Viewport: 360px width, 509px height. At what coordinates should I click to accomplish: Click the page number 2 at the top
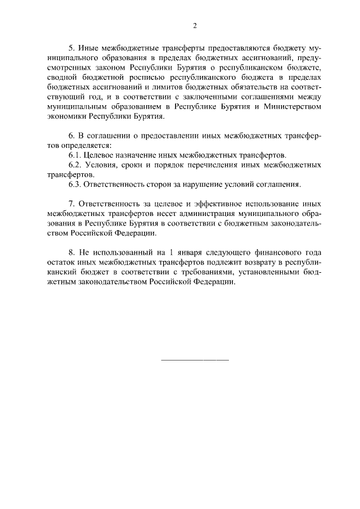point(195,26)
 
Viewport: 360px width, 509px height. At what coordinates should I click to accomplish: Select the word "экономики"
point(65,116)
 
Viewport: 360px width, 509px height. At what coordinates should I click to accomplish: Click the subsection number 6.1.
point(74,155)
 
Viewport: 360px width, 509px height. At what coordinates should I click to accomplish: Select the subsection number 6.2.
point(74,165)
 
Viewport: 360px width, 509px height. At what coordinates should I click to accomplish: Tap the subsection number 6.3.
point(74,184)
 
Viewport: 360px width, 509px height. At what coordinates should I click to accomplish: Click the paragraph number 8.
point(71,253)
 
